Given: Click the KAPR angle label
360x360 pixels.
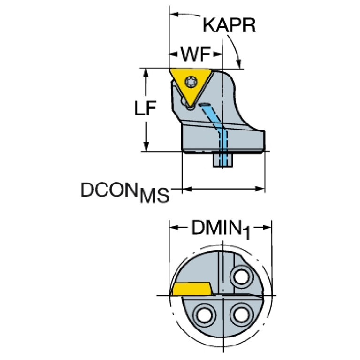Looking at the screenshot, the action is click(x=229, y=25).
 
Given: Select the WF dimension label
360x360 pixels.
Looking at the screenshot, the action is click(x=196, y=54).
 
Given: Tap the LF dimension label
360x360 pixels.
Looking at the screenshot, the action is click(x=145, y=107).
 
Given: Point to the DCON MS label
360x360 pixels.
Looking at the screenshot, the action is click(x=125, y=192).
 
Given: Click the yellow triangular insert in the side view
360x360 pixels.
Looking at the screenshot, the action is click(x=191, y=85).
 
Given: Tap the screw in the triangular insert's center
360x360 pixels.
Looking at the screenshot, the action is click(x=191, y=82).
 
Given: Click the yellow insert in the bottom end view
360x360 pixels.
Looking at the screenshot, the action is click(x=192, y=289).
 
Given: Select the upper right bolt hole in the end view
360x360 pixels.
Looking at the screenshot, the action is click(x=242, y=277).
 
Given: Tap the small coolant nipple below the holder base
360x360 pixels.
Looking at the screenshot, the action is click(x=223, y=159).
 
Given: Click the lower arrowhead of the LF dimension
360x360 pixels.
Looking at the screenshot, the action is click(x=146, y=147).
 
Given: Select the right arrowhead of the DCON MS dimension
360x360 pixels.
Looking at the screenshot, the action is click(x=260, y=189).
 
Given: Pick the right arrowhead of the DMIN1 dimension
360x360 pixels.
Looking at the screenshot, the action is click(x=267, y=227).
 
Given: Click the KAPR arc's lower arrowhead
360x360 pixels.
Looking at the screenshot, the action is click(x=239, y=64).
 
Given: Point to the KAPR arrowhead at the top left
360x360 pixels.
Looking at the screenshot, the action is click(x=174, y=14).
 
